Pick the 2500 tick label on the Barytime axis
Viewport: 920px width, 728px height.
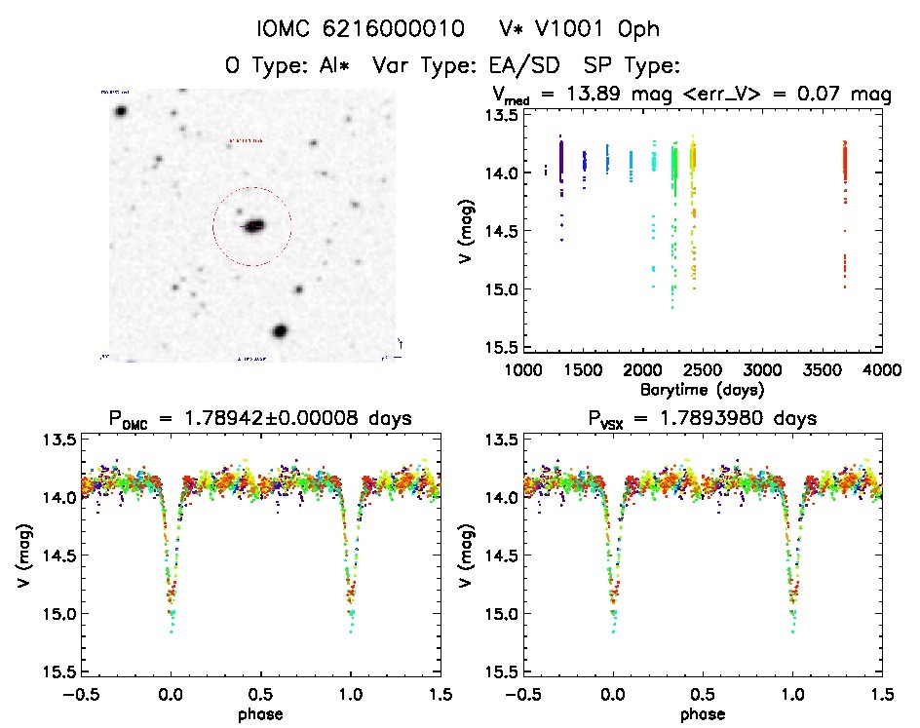703,370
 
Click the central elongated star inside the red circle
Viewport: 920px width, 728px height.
253,226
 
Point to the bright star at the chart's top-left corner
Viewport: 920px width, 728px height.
121,111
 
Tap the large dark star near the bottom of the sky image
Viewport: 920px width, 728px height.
281,331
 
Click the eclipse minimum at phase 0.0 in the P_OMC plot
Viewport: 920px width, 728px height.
172,624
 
